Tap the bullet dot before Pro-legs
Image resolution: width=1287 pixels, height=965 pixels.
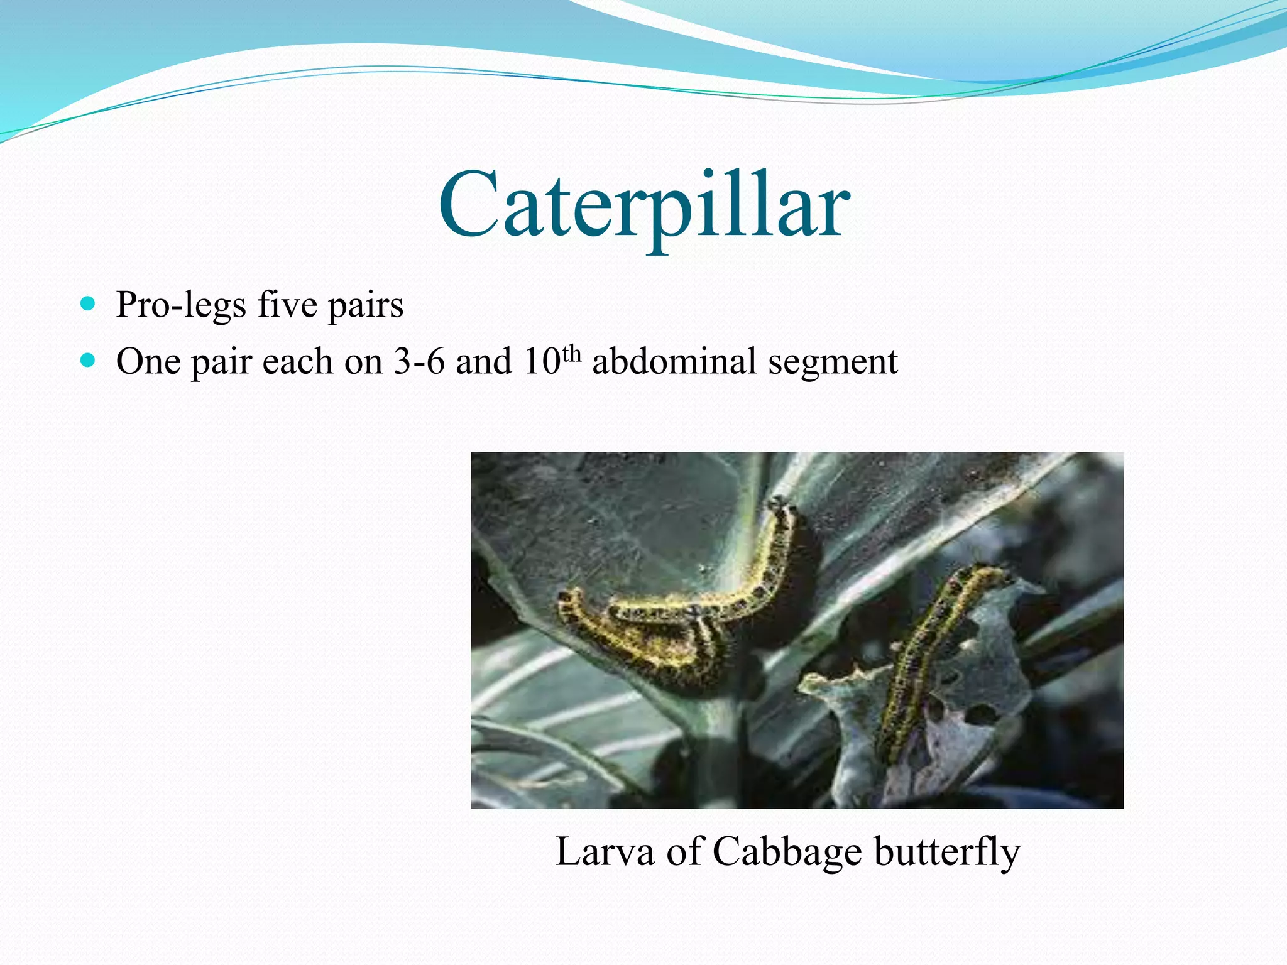88,305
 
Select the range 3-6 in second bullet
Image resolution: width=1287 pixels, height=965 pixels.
419,363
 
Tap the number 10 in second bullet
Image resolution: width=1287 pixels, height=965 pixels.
541,363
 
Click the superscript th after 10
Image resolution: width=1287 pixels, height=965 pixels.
571,353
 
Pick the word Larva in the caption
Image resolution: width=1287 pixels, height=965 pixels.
605,853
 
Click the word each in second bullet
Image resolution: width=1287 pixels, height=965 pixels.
297,363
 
